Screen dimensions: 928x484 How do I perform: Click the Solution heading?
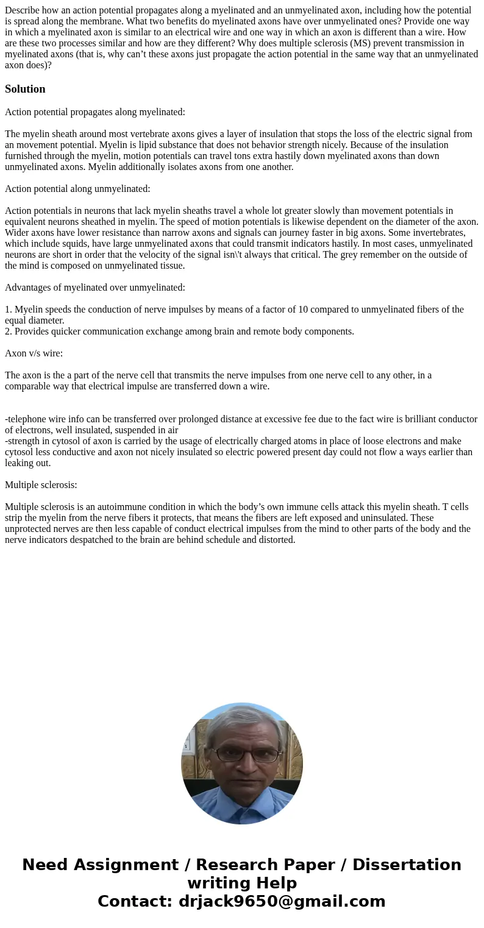coord(25,89)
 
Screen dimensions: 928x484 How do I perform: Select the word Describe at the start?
coord(23,10)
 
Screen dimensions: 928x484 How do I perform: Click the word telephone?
coord(27,419)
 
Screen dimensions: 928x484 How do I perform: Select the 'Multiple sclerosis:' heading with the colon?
coord(41,485)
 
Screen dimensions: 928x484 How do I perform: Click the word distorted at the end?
coord(275,540)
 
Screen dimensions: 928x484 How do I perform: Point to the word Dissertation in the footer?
coord(407,865)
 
